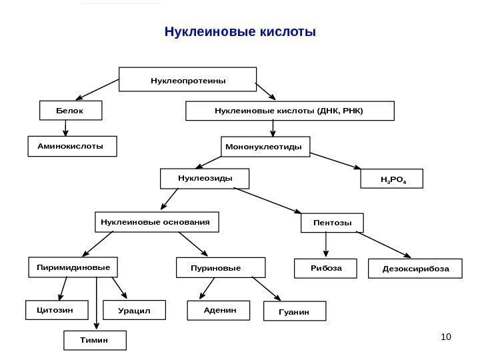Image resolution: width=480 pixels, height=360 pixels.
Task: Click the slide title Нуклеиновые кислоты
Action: click(239, 32)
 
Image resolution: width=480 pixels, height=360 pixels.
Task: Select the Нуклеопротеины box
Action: click(187, 79)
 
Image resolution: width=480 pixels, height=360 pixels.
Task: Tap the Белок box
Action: click(71, 110)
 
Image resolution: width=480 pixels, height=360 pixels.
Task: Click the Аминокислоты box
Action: click(72, 146)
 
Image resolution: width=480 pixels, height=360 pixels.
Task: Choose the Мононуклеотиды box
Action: click(265, 146)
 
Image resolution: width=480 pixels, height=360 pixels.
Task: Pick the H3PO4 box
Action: click(391, 180)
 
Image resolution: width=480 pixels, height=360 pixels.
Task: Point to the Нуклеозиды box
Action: click(204, 179)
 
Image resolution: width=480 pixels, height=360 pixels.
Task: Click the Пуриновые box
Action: click(221, 268)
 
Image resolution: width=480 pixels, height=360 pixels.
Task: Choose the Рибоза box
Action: click(325, 268)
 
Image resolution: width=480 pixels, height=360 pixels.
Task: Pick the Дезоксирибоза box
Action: click(415, 268)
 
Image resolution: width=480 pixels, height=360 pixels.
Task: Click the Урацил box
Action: click(139, 311)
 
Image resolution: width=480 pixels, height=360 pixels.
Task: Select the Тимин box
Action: click(94, 341)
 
